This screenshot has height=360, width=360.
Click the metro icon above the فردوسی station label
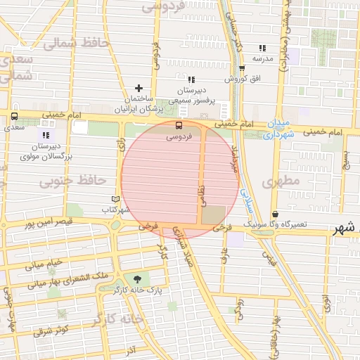[178, 126]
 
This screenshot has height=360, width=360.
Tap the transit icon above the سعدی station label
[14, 116]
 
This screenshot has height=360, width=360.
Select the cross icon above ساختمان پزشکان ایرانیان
[139, 88]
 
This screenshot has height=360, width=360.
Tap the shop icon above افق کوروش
[242, 68]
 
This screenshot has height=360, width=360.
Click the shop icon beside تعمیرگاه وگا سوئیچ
[274, 214]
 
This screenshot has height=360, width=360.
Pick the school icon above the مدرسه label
[262, 48]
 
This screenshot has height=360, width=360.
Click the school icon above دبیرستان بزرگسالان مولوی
[46, 134]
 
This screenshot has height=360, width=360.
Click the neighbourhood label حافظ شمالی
[68, 43]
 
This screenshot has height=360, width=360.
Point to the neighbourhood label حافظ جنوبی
[66, 182]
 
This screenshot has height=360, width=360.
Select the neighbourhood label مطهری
[281, 181]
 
